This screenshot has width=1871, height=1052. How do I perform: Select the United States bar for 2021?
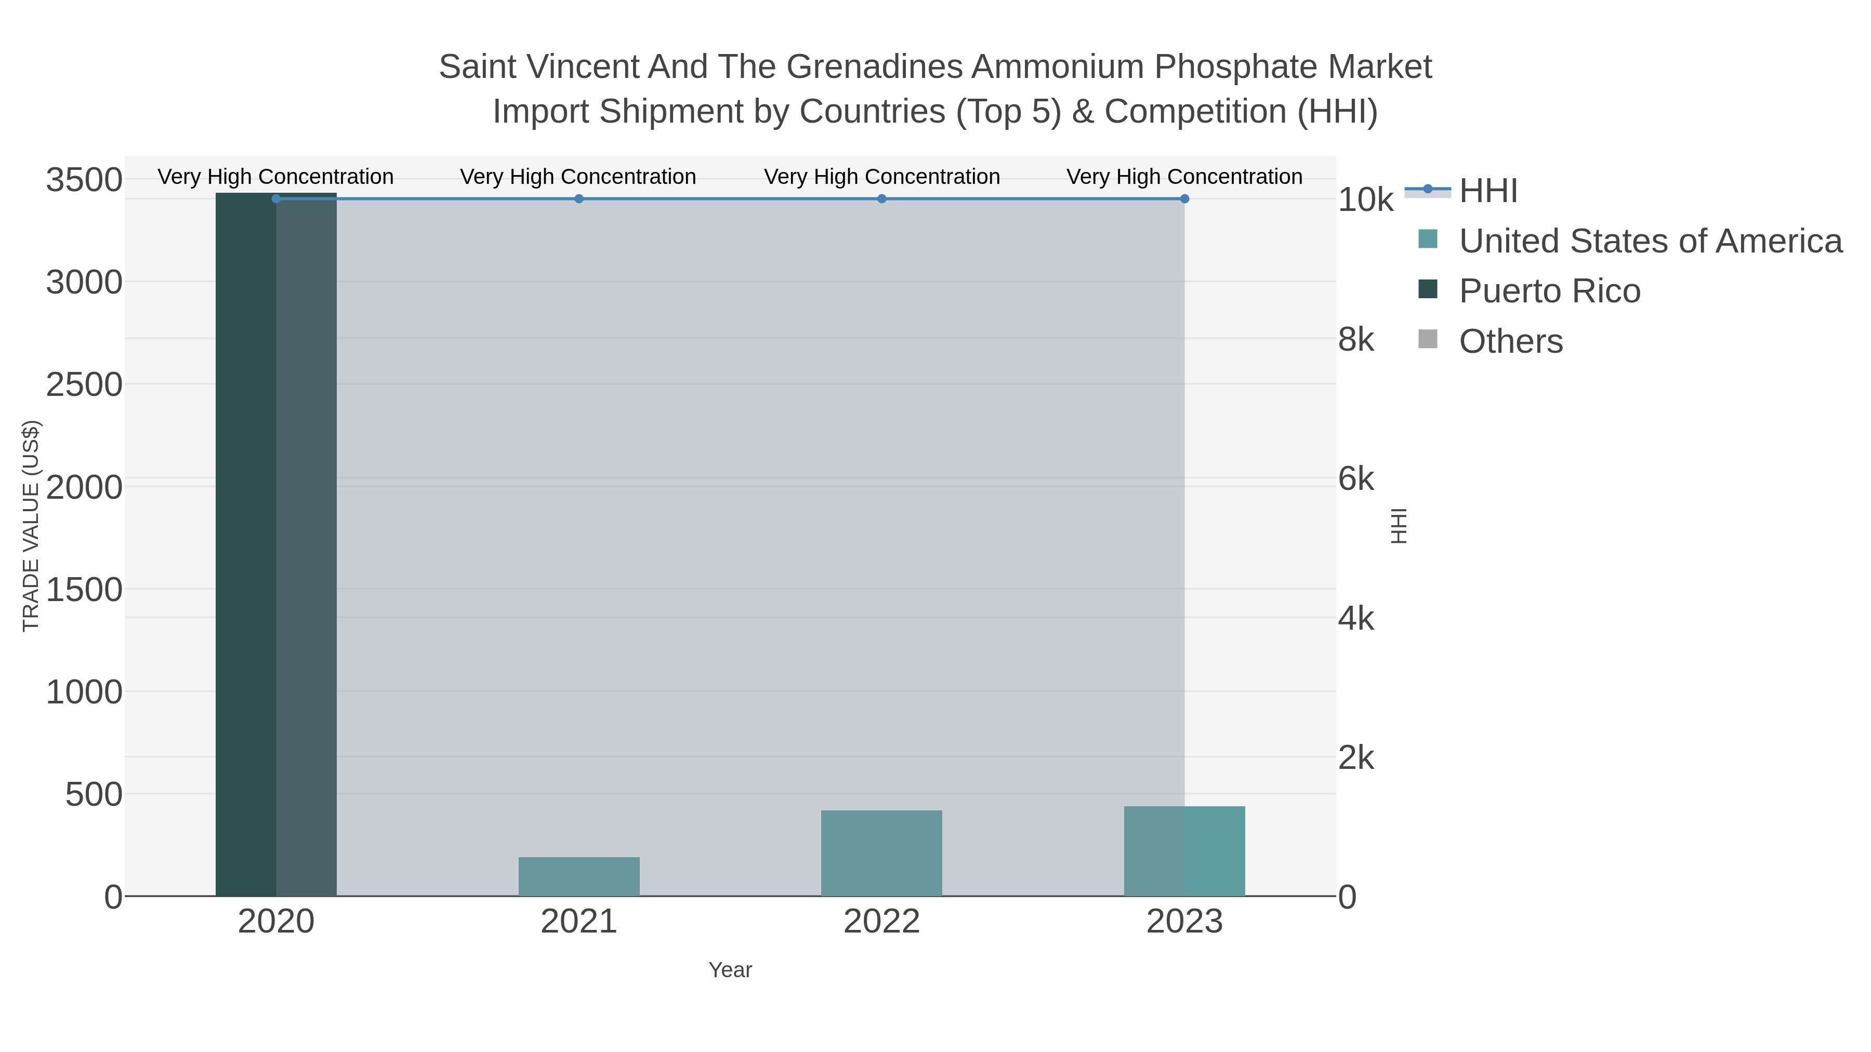point(579,876)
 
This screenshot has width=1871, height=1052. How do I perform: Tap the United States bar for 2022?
point(881,853)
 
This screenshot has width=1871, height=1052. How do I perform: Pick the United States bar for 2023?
point(1184,851)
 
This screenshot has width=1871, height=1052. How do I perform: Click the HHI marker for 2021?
point(579,199)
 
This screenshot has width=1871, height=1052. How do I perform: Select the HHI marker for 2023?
point(1184,199)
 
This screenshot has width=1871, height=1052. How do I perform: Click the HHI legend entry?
point(1487,191)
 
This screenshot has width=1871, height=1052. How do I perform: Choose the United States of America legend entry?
point(1649,241)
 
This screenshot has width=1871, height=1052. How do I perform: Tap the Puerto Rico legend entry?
point(1549,291)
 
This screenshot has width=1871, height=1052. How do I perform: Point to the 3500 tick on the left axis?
point(84,180)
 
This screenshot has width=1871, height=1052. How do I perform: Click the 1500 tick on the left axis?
point(84,590)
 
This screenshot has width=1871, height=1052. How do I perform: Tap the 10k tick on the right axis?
point(1365,201)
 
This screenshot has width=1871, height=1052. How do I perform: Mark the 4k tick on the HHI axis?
point(1356,619)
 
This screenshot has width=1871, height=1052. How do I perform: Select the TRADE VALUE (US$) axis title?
point(31,526)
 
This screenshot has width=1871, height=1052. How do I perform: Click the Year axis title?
point(730,970)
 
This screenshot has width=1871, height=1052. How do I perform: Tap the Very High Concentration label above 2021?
point(578,177)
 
